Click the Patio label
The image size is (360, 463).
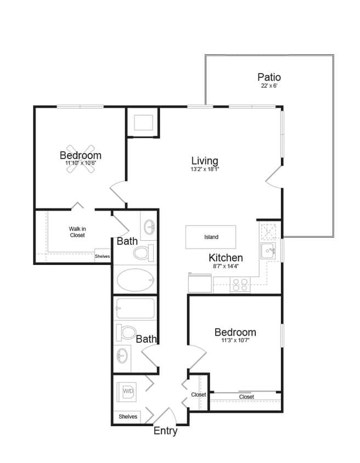(x=269, y=77)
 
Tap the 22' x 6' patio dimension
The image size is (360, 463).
(x=269, y=86)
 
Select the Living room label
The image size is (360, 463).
(x=205, y=161)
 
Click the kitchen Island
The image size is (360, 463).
(x=211, y=237)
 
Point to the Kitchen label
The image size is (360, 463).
(x=226, y=257)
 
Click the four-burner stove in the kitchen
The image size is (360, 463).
(x=239, y=285)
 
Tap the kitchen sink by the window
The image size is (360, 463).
(x=269, y=252)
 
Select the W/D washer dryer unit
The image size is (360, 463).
(x=128, y=391)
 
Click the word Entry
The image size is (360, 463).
(x=165, y=431)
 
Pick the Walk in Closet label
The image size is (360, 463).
(x=77, y=232)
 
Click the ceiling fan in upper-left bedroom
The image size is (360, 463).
(x=81, y=159)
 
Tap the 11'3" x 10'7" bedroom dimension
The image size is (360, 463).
(x=235, y=341)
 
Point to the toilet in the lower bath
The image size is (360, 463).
(x=128, y=332)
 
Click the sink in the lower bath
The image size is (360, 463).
(x=122, y=357)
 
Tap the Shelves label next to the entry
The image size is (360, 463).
(x=128, y=417)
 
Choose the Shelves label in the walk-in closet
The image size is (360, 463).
(x=102, y=256)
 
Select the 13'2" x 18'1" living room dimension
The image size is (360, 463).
(x=205, y=170)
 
